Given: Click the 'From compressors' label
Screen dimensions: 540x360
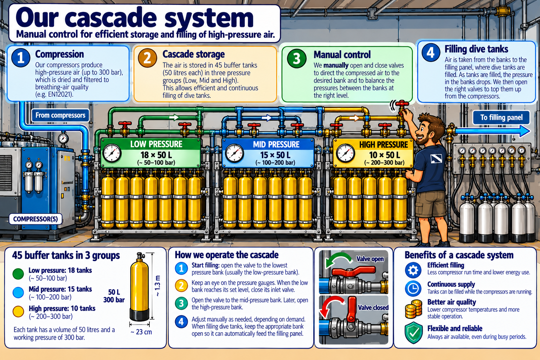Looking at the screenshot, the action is [60, 115].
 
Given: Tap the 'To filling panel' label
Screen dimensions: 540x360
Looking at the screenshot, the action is [501, 117].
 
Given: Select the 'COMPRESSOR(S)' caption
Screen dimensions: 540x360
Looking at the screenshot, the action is [36, 219].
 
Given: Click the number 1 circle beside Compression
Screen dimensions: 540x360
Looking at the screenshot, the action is [21, 58].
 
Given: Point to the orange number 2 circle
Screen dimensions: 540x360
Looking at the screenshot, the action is [147, 58].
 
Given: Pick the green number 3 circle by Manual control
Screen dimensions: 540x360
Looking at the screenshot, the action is [297, 58].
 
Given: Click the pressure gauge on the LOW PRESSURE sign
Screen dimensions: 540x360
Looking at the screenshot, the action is [112, 153].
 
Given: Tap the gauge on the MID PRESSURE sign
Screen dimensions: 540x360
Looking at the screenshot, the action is [234, 153].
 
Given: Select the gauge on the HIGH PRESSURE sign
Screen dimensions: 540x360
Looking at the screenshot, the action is [346, 153].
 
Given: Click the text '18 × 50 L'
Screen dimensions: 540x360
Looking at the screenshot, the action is [156, 155].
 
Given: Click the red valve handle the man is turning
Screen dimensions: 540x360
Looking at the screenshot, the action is [403, 104].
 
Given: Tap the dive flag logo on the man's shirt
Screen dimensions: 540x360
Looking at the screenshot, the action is [436, 158].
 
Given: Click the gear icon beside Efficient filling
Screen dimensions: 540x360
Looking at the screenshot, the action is [413, 270].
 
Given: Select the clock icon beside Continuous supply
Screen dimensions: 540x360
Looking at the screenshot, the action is [413, 288].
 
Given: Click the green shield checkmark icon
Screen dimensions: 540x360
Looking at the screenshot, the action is [414, 333].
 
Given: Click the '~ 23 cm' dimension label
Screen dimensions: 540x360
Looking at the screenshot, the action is [141, 332].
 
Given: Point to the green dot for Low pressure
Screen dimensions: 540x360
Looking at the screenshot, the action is [18, 274].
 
